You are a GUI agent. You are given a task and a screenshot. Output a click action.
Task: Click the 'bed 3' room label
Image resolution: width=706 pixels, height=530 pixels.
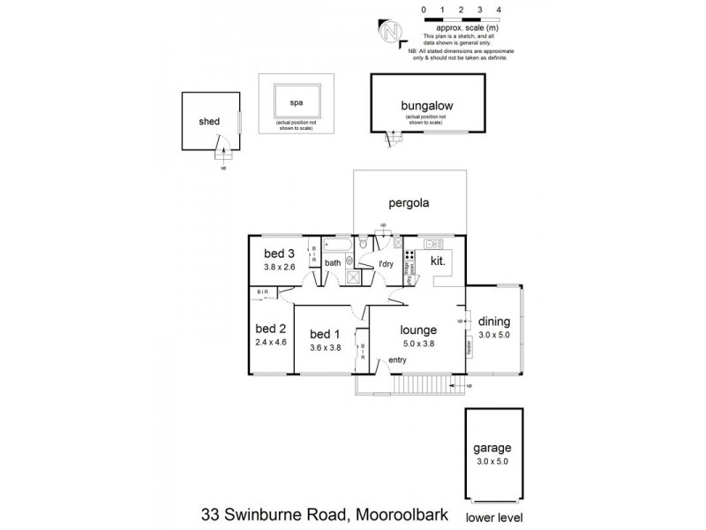click(x=277, y=254)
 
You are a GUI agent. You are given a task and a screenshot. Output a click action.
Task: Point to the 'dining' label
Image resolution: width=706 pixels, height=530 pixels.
click(x=493, y=322)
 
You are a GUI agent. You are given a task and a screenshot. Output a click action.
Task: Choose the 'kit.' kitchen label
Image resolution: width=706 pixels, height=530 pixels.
click(x=439, y=261)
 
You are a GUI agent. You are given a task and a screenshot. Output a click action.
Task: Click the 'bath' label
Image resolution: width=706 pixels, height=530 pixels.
click(x=333, y=262)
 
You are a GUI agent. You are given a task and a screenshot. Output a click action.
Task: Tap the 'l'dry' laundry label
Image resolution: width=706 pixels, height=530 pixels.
click(x=386, y=263)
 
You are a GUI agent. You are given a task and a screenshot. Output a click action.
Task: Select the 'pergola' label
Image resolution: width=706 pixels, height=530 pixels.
click(x=407, y=202)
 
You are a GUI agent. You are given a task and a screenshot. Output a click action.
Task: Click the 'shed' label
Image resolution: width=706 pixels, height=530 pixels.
click(x=209, y=121)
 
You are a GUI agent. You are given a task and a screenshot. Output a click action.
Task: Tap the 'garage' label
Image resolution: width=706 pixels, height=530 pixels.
click(x=492, y=448)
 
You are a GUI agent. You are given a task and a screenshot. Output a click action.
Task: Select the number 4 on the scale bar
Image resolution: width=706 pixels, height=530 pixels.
click(x=499, y=9)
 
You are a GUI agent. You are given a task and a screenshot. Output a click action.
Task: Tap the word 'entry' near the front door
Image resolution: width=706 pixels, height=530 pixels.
click(x=397, y=360)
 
